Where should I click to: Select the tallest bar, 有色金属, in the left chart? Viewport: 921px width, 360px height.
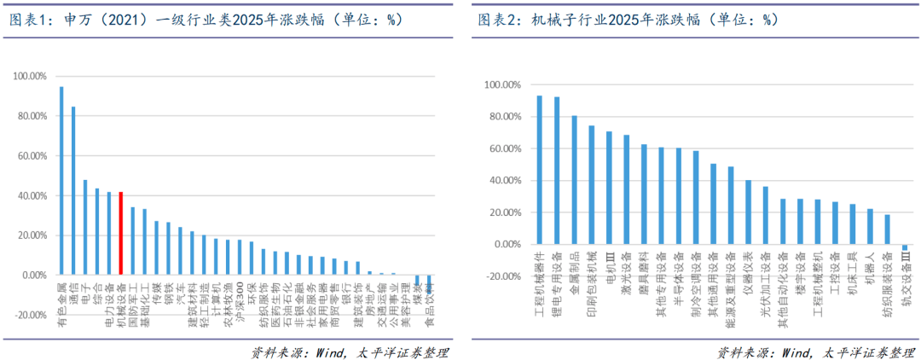61,181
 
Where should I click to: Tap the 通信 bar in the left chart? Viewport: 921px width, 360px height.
73,191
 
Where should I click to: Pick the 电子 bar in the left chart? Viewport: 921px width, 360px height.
85,228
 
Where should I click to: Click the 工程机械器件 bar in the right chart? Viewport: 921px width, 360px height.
539,170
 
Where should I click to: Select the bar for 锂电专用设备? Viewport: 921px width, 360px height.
557,171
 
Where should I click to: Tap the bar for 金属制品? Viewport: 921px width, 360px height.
574,180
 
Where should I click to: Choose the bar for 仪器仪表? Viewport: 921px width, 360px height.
748,212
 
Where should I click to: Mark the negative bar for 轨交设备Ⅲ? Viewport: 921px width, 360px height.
905,247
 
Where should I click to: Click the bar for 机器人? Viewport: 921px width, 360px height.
870,227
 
